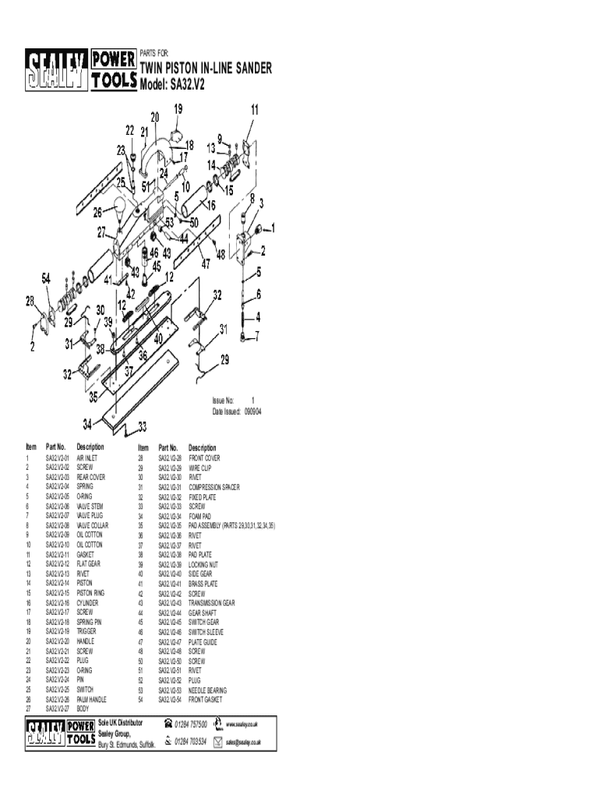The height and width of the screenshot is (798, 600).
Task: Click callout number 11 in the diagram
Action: point(255,110)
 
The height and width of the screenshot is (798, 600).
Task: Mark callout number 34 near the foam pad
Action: point(89,425)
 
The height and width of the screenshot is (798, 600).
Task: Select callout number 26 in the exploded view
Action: point(98,211)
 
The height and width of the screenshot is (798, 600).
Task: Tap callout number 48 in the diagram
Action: point(221,254)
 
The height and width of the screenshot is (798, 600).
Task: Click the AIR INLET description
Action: point(86,458)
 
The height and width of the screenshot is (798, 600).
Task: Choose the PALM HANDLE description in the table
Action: point(91,700)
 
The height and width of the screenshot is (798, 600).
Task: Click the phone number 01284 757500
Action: point(191,725)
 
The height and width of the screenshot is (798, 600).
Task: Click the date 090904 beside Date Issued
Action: point(252,411)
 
